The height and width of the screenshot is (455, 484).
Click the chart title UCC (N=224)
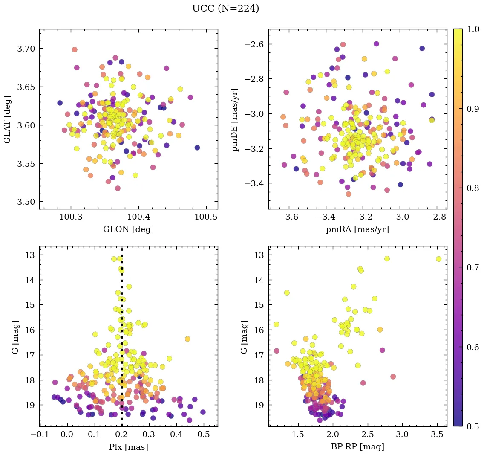pos(225,8)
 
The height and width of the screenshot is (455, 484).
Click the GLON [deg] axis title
pos(128,229)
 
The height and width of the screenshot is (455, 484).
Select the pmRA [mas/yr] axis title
pos(357,229)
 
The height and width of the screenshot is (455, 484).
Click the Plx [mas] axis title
pos(128,447)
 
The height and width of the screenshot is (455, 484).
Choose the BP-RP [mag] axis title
pos(357,447)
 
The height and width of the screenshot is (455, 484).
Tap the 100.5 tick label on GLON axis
pos(206,217)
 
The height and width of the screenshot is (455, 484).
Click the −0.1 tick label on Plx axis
pos(37,435)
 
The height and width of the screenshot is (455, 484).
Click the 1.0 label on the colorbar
pos(473,29)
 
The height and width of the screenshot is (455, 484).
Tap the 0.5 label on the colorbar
pos(473,426)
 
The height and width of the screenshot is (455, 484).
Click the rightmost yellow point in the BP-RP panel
pos(438,259)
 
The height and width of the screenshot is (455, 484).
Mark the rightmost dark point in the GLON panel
pos(197,148)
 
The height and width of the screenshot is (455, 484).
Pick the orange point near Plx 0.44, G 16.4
pos(187,339)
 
